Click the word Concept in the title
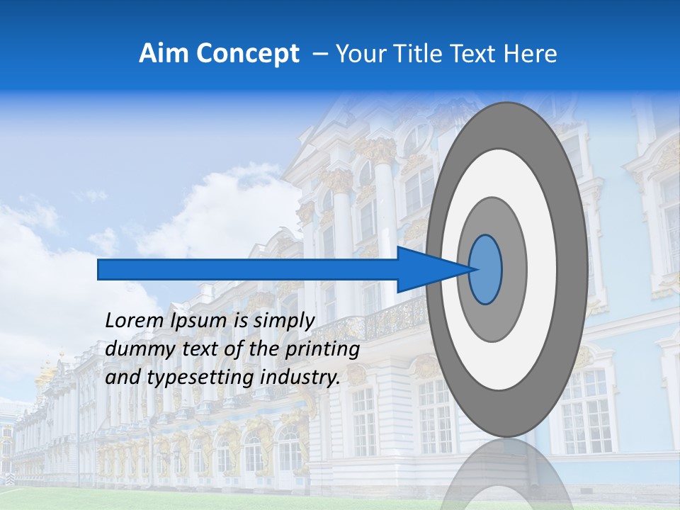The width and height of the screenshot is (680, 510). (x=247, y=54)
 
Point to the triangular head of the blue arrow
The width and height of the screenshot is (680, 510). (x=425, y=269)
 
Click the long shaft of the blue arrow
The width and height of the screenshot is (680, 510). (x=248, y=269)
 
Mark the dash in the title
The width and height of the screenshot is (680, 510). (x=320, y=54)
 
